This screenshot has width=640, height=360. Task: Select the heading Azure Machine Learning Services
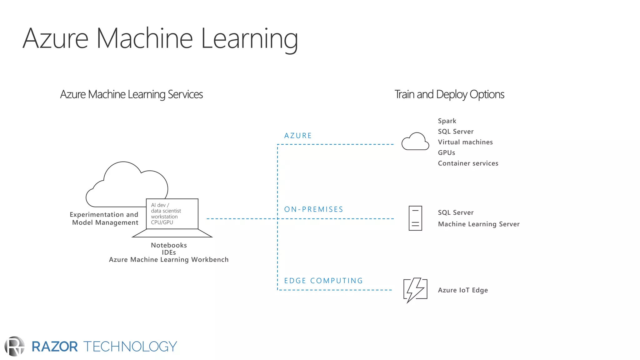tap(131, 94)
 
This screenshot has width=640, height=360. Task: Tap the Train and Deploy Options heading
tap(449, 94)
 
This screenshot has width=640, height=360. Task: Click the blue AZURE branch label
tap(298, 136)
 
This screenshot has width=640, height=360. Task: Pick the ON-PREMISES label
tap(313, 209)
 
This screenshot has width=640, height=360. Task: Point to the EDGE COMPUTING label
tap(323, 281)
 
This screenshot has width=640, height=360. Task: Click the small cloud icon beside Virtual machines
tap(415, 142)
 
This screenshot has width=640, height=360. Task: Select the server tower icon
tap(415, 218)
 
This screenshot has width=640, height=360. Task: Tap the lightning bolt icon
tap(415, 290)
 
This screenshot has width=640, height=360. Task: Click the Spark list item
tap(447, 121)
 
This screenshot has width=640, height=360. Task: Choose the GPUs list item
tap(446, 153)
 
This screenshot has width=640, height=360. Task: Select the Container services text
tap(468, 163)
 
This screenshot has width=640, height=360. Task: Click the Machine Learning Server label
tap(478, 224)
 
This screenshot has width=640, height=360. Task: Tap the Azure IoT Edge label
tap(462, 290)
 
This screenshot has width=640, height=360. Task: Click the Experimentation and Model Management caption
tap(104, 218)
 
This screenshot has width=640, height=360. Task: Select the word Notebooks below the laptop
tap(169, 245)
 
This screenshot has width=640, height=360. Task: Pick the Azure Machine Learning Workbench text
tap(169, 260)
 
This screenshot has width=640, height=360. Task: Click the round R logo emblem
tap(14, 346)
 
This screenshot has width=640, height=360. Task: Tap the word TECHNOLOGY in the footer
tap(130, 347)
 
